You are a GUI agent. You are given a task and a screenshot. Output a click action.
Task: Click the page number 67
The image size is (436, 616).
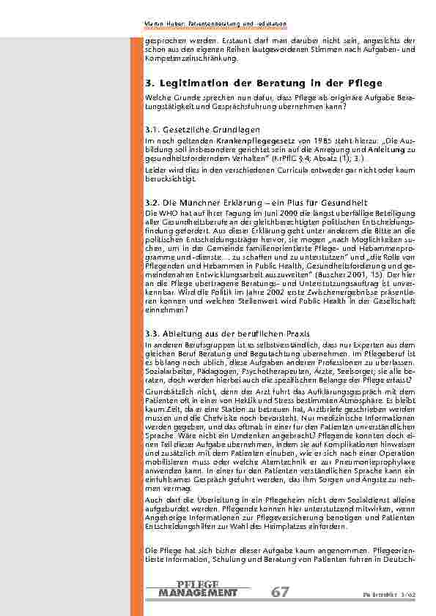click(x=280, y=592)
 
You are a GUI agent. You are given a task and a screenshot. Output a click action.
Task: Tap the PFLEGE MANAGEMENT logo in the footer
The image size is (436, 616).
click(x=197, y=588)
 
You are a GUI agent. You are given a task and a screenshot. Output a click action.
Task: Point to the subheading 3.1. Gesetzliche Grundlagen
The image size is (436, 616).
click(x=192, y=129)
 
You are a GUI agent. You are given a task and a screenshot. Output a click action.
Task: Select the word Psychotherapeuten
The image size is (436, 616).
click(x=252, y=372)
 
